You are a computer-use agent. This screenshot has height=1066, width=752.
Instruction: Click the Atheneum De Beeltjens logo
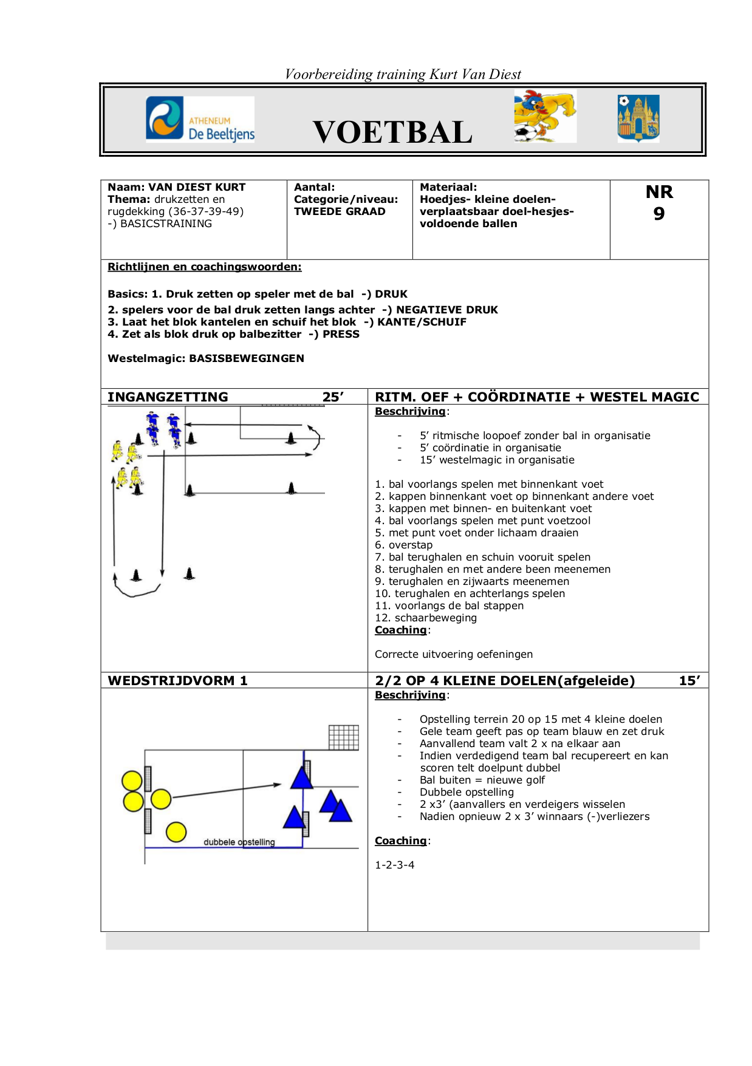coord(200,119)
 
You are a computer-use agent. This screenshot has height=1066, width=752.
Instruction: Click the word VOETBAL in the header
coord(392,132)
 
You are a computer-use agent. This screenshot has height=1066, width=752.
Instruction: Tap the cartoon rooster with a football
coord(545,116)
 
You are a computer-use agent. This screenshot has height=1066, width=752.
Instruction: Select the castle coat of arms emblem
coord(638,118)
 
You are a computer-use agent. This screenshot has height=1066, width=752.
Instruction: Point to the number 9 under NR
coord(659,214)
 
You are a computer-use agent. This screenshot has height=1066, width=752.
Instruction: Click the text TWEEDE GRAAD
coord(340,211)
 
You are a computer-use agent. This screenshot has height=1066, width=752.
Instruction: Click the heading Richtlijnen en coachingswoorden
coord(204,267)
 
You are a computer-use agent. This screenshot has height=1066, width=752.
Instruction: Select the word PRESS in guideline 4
coord(341,334)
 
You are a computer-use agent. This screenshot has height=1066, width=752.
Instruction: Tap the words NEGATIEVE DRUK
coord(446,310)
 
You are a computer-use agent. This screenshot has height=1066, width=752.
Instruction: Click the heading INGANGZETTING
coord(168,397)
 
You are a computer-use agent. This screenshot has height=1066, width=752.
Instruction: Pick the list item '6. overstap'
coord(403,545)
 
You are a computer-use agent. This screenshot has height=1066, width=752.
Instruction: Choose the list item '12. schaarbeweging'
coord(425,618)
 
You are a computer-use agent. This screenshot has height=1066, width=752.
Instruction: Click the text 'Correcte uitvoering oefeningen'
coord(453,654)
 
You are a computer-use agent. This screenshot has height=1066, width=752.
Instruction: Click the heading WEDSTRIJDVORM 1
coord(177,680)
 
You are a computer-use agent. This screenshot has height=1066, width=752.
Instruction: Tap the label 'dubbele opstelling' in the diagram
coord(239,842)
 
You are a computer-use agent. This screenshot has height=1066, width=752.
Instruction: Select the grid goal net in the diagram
coord(343,737)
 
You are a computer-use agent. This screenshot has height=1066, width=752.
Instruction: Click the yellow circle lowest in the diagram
coord(176,832)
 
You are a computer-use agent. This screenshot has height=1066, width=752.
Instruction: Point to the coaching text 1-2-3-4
coord(394,865)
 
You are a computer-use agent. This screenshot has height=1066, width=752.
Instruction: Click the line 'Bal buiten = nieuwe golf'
coord(482,780)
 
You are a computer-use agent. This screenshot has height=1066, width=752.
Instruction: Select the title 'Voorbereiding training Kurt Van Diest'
coord(403,74)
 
